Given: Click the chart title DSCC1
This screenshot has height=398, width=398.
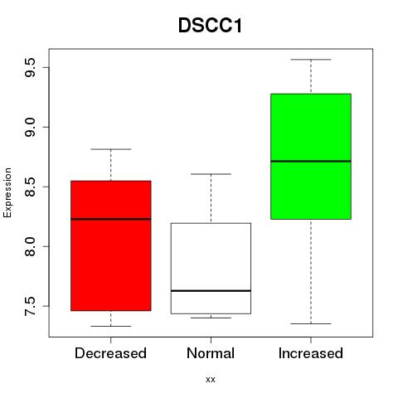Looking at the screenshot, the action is coord(210,26).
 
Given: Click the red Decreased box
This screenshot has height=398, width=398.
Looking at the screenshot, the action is coord(111,245).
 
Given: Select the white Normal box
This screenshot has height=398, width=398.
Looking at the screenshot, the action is coord(211,269).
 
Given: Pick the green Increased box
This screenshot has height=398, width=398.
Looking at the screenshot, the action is coord(311,157).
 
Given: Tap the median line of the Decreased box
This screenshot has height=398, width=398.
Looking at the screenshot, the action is coord(111,219).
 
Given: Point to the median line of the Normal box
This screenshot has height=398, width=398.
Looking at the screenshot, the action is coord(211,291).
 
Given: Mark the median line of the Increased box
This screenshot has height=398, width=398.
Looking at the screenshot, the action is coord(311,161).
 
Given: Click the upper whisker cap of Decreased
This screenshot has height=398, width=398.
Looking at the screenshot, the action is coord(111,149).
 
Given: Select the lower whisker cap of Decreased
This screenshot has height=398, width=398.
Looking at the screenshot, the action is coord(111,326).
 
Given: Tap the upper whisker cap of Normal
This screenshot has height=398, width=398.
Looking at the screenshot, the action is coord(211,174).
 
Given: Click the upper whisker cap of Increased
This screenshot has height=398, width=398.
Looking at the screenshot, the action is coord(311,60).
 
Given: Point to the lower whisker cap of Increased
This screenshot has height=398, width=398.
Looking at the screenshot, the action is coord(311,323).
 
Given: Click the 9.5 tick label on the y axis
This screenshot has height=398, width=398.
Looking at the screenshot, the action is coord(30,68).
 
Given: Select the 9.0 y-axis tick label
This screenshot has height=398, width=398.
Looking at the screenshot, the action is coord(30,127).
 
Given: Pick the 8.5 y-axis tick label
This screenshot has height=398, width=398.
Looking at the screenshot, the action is coord(30,187).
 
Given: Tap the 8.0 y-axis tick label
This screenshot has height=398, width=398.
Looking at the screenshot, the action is coord(30,246).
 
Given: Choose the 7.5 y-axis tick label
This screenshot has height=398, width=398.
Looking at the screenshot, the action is coord(30,306).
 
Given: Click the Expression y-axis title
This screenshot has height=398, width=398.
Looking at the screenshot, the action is coord(7,192).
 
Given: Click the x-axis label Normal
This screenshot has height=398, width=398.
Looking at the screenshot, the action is coord(211,353).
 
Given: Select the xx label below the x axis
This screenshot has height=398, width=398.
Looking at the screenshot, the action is coord(211,380).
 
